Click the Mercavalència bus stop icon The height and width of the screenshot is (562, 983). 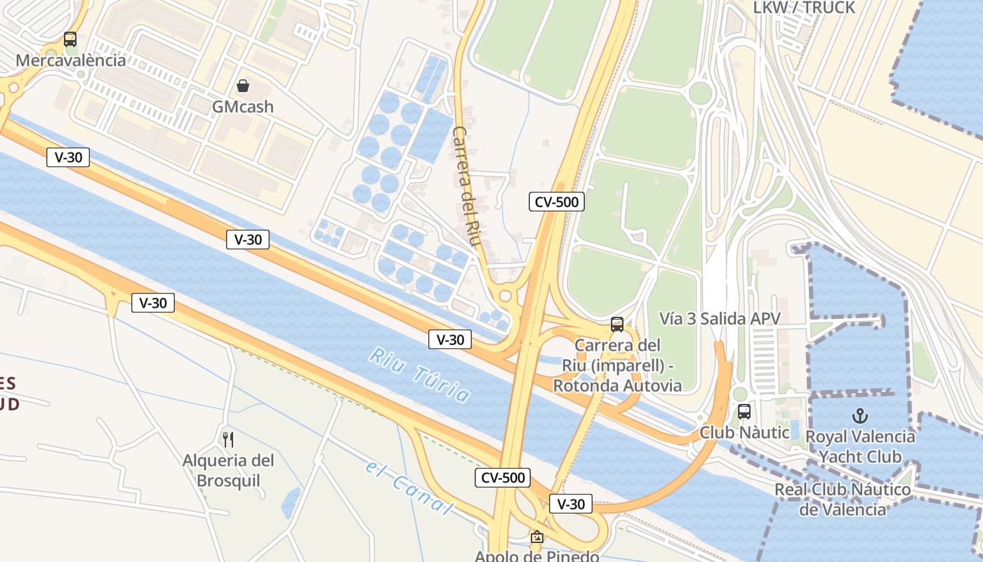pos(70,39)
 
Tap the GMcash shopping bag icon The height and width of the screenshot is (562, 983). pos(243,86)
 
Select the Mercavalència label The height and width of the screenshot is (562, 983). pos(71,60)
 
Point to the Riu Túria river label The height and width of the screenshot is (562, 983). pos(420,375)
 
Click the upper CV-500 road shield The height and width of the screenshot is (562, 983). pos(557,202)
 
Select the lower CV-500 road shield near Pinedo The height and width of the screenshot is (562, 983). pos(503,478)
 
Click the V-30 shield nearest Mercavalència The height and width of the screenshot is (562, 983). pos(68,157)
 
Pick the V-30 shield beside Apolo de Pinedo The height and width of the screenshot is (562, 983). pos(571,504)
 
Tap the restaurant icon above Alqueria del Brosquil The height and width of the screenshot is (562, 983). pos(227,440)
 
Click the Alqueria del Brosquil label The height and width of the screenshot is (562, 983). pos(227,471)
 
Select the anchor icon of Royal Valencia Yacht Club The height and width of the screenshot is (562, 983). pos(859,415)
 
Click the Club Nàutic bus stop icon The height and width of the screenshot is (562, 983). pos(744,412)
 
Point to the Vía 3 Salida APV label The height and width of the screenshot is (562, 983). pos(720,319)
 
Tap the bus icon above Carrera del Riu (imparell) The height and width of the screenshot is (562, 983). pos(617,325)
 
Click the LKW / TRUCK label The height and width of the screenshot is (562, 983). pos(804,8)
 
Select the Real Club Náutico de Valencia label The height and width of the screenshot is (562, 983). pos(843,499)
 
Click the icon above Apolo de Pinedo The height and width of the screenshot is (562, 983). pos(537,537)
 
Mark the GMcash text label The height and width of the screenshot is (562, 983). pos(243,107)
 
